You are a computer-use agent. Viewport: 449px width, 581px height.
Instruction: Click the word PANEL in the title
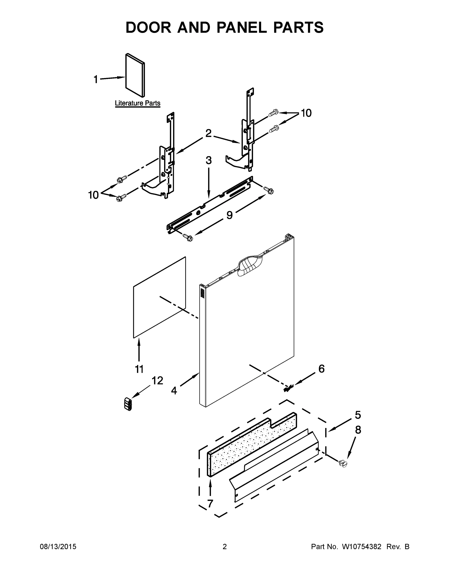[242, 27]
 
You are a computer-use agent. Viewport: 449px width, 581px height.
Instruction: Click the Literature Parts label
[137, 103]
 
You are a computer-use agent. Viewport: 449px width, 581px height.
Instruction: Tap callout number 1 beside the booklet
[96, 79]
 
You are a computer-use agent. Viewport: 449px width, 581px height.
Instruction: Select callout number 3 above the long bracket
[209, 161]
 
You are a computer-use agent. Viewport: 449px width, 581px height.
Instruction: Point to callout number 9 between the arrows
[229, 215]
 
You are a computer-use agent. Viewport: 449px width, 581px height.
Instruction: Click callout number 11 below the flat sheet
[139, 369]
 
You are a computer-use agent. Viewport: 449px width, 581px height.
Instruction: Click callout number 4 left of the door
[174, 390]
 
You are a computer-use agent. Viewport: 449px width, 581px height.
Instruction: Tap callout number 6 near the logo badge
[321, 369]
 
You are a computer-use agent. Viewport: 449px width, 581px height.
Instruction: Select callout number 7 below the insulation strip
[210, 504]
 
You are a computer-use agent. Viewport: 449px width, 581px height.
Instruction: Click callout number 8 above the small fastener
[358, 430]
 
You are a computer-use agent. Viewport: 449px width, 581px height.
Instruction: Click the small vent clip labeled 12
[128, 404]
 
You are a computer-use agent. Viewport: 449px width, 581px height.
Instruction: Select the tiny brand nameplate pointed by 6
[289, 388]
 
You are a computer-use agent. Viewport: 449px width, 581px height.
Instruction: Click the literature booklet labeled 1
[135, 75]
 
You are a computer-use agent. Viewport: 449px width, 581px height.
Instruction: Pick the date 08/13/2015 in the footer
[58, 546]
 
